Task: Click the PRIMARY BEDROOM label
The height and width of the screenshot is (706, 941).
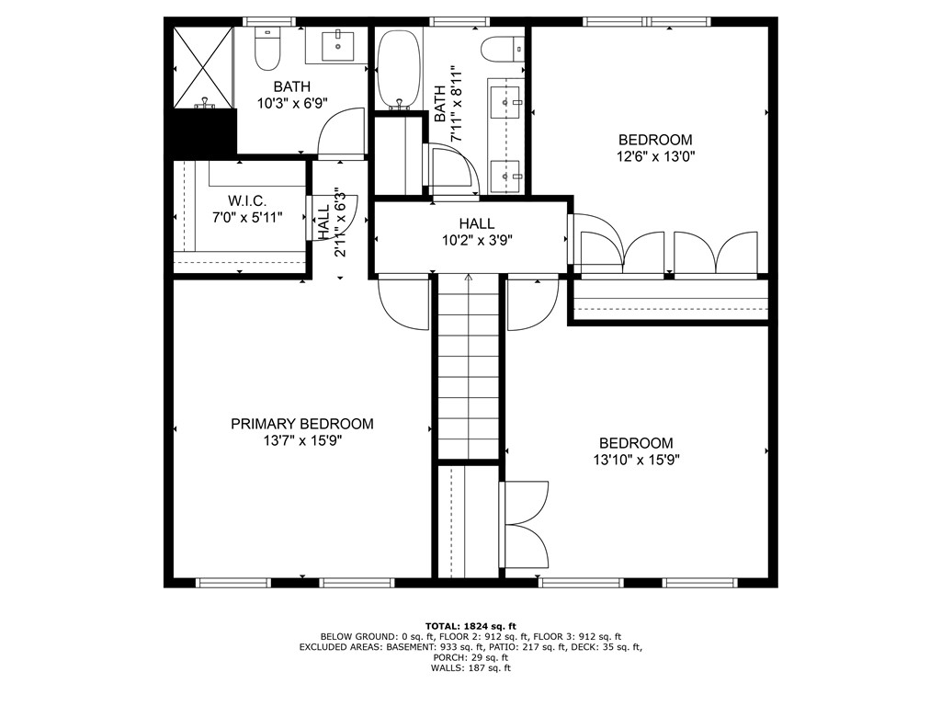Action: (301, 424)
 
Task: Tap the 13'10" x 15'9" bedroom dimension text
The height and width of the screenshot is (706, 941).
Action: (636, 460)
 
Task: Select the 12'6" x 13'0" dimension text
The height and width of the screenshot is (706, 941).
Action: (654, 156)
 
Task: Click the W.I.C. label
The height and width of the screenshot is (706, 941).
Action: (246, 200)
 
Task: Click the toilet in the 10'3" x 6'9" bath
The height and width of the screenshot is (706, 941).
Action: (267, 51)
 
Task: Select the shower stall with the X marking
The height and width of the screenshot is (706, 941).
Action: (201, 66)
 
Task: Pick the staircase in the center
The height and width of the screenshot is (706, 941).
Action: (468, 368)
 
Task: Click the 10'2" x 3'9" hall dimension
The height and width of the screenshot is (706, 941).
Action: (477, 241)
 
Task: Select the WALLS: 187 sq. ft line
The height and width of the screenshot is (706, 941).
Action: (470, 668)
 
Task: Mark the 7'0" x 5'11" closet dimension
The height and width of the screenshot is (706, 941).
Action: (246, 218)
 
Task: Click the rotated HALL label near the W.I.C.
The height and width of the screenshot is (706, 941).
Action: (323, 222)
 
